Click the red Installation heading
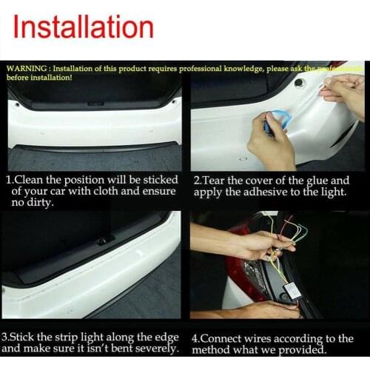click(x=84, y=27)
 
